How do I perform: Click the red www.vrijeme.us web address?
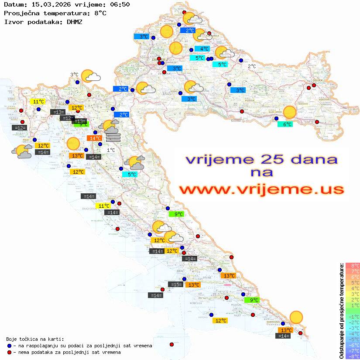click(261, 189)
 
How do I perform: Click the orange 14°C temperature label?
click(95, 138)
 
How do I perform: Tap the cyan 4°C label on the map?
click(201, 49)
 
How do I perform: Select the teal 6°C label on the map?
click(285, 124)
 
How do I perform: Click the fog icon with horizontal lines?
click(113, 138)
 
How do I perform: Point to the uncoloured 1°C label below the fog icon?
click(111, 150)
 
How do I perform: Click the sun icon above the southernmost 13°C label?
click(296, 317)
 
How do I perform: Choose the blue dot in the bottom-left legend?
click(10, 346)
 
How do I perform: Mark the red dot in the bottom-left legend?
click(10, 352)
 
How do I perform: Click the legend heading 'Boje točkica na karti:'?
click(35, 339)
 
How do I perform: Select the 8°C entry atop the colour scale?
click(352, 265)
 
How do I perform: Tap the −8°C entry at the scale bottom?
click(352, 357)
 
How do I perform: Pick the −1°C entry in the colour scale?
click(352, 316)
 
